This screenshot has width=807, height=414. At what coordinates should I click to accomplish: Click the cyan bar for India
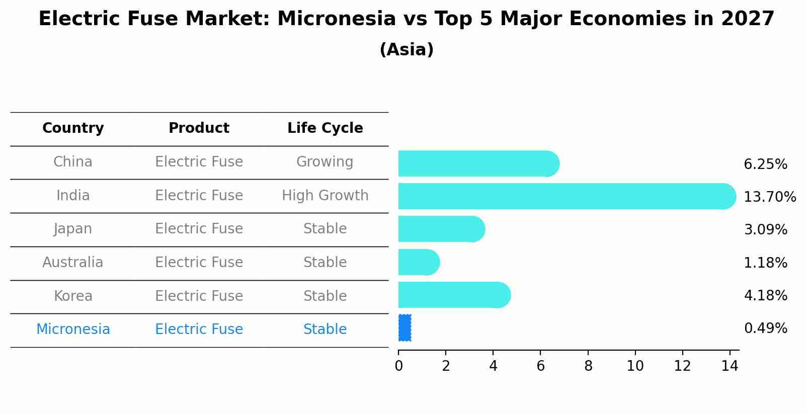567,196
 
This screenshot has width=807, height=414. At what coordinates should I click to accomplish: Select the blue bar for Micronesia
405,327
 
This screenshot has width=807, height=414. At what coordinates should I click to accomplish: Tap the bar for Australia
419,262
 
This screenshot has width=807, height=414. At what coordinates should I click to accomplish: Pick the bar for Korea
455,295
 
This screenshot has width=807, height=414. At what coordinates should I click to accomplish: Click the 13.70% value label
770,197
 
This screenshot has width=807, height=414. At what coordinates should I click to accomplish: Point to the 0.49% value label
766,328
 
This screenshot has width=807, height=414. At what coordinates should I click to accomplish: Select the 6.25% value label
766,164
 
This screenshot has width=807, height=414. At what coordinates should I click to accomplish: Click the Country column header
73,128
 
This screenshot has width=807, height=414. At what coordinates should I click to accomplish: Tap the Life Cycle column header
325,128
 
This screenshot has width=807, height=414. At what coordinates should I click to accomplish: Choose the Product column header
199,128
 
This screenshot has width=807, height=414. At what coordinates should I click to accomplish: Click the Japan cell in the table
73,229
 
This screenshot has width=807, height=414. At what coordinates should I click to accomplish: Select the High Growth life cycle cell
325,196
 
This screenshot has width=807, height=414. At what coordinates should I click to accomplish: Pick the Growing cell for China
325,162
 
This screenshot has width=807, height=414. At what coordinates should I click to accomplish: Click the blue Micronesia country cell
73,329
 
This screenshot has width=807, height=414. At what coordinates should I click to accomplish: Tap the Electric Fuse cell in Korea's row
199,296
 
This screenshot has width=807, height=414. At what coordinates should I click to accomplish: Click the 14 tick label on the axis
730,366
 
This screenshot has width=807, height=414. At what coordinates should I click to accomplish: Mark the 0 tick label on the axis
399,366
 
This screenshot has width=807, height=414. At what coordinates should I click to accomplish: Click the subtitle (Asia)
407,50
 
